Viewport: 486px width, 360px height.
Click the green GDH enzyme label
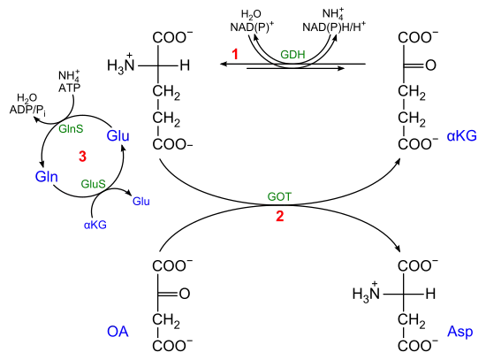tap(292, 55)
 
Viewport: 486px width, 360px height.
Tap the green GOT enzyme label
tap(279, 196)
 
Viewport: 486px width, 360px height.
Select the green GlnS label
tap(71, 128)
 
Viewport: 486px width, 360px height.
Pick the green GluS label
tap(93, 184)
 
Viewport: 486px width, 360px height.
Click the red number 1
tap(235, 54)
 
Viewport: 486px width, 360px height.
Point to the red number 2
tap(280, 216)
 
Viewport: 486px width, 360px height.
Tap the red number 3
tap(82, 156)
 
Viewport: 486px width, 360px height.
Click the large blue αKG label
tap(461, 136)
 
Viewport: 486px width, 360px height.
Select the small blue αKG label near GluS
tap(95, 225)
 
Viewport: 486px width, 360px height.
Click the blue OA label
tap(118, 332)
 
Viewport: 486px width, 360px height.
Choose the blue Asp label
tap(459, 332)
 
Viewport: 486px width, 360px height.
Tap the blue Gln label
tap(47, 177)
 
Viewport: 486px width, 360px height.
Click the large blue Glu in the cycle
tap(118, 136)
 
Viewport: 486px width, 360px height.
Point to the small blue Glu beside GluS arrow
tap(141, 202)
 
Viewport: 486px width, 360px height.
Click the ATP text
tap(69, 88)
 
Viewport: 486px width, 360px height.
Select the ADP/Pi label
tap(27, 111)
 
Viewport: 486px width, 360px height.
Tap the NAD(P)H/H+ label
tap(334, 27)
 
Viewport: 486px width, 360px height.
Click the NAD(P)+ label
tap(252, 27)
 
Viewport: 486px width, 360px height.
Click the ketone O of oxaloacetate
tap(185, 294)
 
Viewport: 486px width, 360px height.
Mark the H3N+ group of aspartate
tap(366, 293)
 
